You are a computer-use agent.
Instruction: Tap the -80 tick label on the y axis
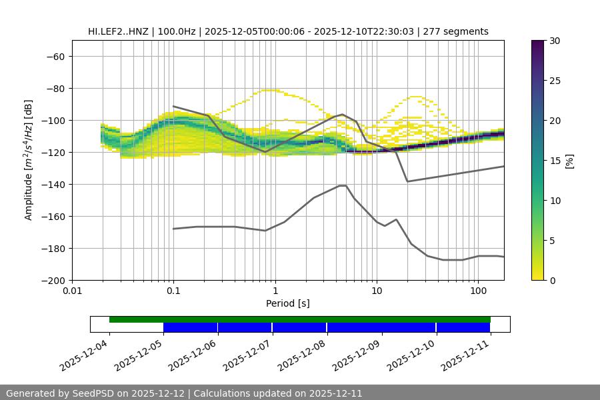point(55,88)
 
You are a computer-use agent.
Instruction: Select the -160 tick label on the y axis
point(52,216)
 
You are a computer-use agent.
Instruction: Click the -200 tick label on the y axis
point(52,280)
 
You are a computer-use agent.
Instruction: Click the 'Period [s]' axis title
point(288,304)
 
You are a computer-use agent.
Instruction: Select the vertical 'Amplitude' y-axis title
point(29,160)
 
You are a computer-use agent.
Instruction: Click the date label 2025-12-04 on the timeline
point(85,353)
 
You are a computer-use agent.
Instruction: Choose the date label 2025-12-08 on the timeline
point(303,353)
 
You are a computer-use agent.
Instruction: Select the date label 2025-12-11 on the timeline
point(467,353)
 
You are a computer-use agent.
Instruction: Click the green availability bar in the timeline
point(300,319)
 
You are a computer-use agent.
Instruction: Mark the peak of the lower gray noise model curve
point(343,185)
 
